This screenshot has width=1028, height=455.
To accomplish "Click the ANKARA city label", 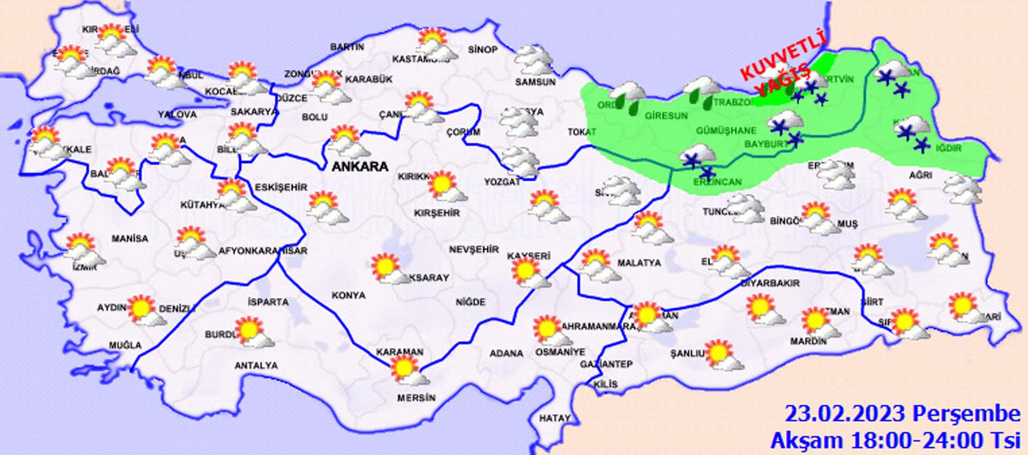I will coord(360,167).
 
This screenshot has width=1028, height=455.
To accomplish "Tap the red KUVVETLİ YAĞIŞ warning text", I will coord(783,68).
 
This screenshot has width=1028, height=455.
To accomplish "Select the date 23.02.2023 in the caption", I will coord(845,414).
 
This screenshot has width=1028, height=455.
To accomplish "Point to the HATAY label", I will coord(554,418).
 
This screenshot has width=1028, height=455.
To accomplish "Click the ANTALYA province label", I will coord(256,366).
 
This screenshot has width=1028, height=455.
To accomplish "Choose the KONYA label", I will coord(349,295).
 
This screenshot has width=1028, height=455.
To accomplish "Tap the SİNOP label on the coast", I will coord(482,49).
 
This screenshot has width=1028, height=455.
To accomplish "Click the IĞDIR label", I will coord(950,148).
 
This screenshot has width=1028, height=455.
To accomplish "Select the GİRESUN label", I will coord(666,115).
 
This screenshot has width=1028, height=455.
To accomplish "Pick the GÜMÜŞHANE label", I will coord(726,130).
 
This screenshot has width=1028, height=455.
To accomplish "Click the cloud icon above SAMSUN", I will coord(533,60).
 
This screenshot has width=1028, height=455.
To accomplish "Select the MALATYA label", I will coord(639,263).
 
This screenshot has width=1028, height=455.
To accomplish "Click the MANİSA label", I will coord(130,238).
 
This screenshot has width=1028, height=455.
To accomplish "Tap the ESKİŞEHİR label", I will coord(281,187).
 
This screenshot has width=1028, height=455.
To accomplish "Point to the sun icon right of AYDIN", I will coord(142,308).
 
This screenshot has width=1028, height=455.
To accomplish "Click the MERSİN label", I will coord(416,398).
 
